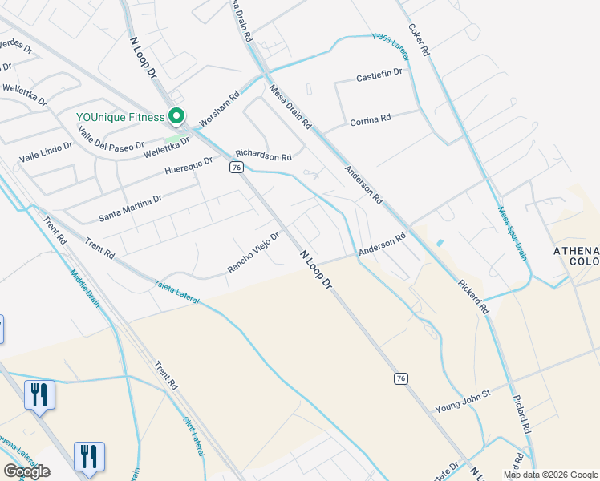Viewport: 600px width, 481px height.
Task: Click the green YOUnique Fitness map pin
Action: [176, 116]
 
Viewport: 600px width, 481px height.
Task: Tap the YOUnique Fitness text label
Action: [120, 117]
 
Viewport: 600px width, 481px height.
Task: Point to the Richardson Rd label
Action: [263, 157]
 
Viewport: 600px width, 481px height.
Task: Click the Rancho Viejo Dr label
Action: [253, 253]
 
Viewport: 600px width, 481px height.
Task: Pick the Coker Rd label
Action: [420, 38]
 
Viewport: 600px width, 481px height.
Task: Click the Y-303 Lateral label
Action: [391, 48]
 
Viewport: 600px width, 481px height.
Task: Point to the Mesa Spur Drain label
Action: [513, 233]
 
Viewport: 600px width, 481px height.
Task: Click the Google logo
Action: [26, 471]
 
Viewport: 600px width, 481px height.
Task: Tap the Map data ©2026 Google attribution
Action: [549, 475]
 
